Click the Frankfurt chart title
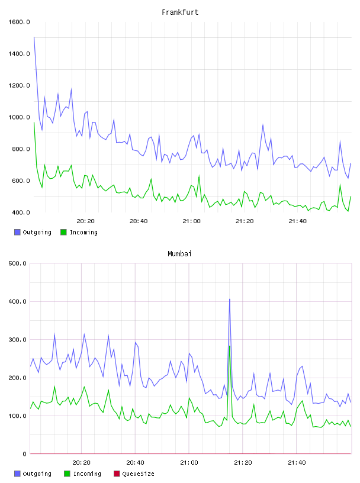point(180,12)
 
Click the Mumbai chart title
point(179,254)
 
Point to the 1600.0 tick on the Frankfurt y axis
point(19,22)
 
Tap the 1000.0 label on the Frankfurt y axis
point(19,117)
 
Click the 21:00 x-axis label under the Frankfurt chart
point(191,221)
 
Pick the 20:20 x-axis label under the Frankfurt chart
point(85,221)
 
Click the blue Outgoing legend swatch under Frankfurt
point(17,232)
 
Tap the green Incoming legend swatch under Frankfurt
point(63,232)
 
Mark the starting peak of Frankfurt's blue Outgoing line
point(34,37)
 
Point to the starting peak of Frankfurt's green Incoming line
point(34,123)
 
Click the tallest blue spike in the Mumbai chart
point(230,299)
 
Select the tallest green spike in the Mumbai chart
point(230,346)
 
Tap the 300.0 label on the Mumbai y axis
point(18,340)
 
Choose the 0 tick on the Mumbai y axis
point(25,454)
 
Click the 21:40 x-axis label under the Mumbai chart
point(297,463)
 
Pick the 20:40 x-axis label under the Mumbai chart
point(136,463)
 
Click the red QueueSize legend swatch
point(117,474)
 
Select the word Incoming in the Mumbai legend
point(87,474)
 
